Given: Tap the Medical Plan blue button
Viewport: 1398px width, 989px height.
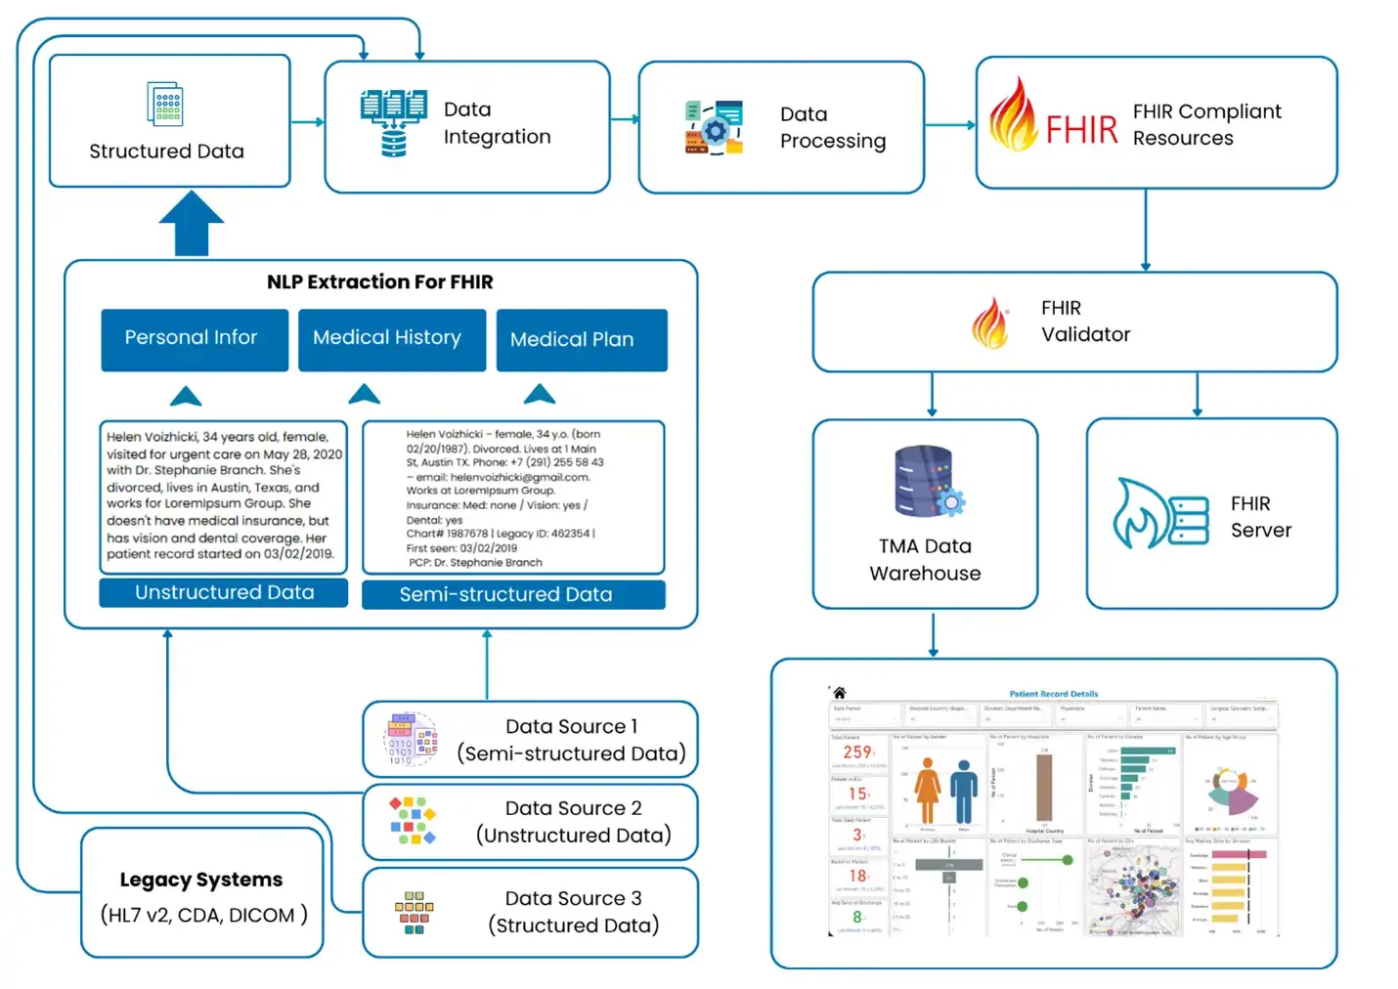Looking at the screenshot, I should pos(581,339).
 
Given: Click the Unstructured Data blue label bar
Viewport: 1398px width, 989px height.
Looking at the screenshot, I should pos(223,592).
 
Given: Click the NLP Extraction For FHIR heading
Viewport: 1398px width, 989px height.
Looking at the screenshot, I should pos(379,281).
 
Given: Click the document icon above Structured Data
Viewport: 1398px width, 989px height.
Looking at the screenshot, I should pos(166,104).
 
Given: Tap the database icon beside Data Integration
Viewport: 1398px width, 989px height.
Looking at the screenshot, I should pos(393,123).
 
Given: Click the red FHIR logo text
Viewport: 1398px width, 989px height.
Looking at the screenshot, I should pos(1081,129).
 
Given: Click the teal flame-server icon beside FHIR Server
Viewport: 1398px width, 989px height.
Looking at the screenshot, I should pos(1159,513).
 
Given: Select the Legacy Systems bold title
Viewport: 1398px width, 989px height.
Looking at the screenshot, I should pos(200,879).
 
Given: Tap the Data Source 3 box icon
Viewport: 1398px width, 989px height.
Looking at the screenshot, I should pos(415,913).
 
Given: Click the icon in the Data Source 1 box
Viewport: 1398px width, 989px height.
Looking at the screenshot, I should pos(413,739).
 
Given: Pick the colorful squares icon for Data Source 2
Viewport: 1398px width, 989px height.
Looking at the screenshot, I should pos(413,821).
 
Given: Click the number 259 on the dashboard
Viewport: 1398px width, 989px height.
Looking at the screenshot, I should pos(856,752).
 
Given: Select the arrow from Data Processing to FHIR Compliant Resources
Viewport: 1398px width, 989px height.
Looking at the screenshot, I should pos(949,125).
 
